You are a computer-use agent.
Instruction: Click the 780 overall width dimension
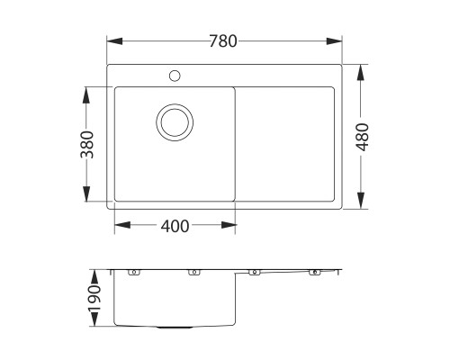(x=224, y=40)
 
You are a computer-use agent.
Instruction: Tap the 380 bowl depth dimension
(x=86, y=144)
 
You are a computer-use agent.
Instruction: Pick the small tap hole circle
(x=174, y=76)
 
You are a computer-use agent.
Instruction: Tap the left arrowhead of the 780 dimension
(x=112, y=40)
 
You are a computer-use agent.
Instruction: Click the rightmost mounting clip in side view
(x=315, y=272)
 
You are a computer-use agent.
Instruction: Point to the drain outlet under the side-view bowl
(x=174, y=326)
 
